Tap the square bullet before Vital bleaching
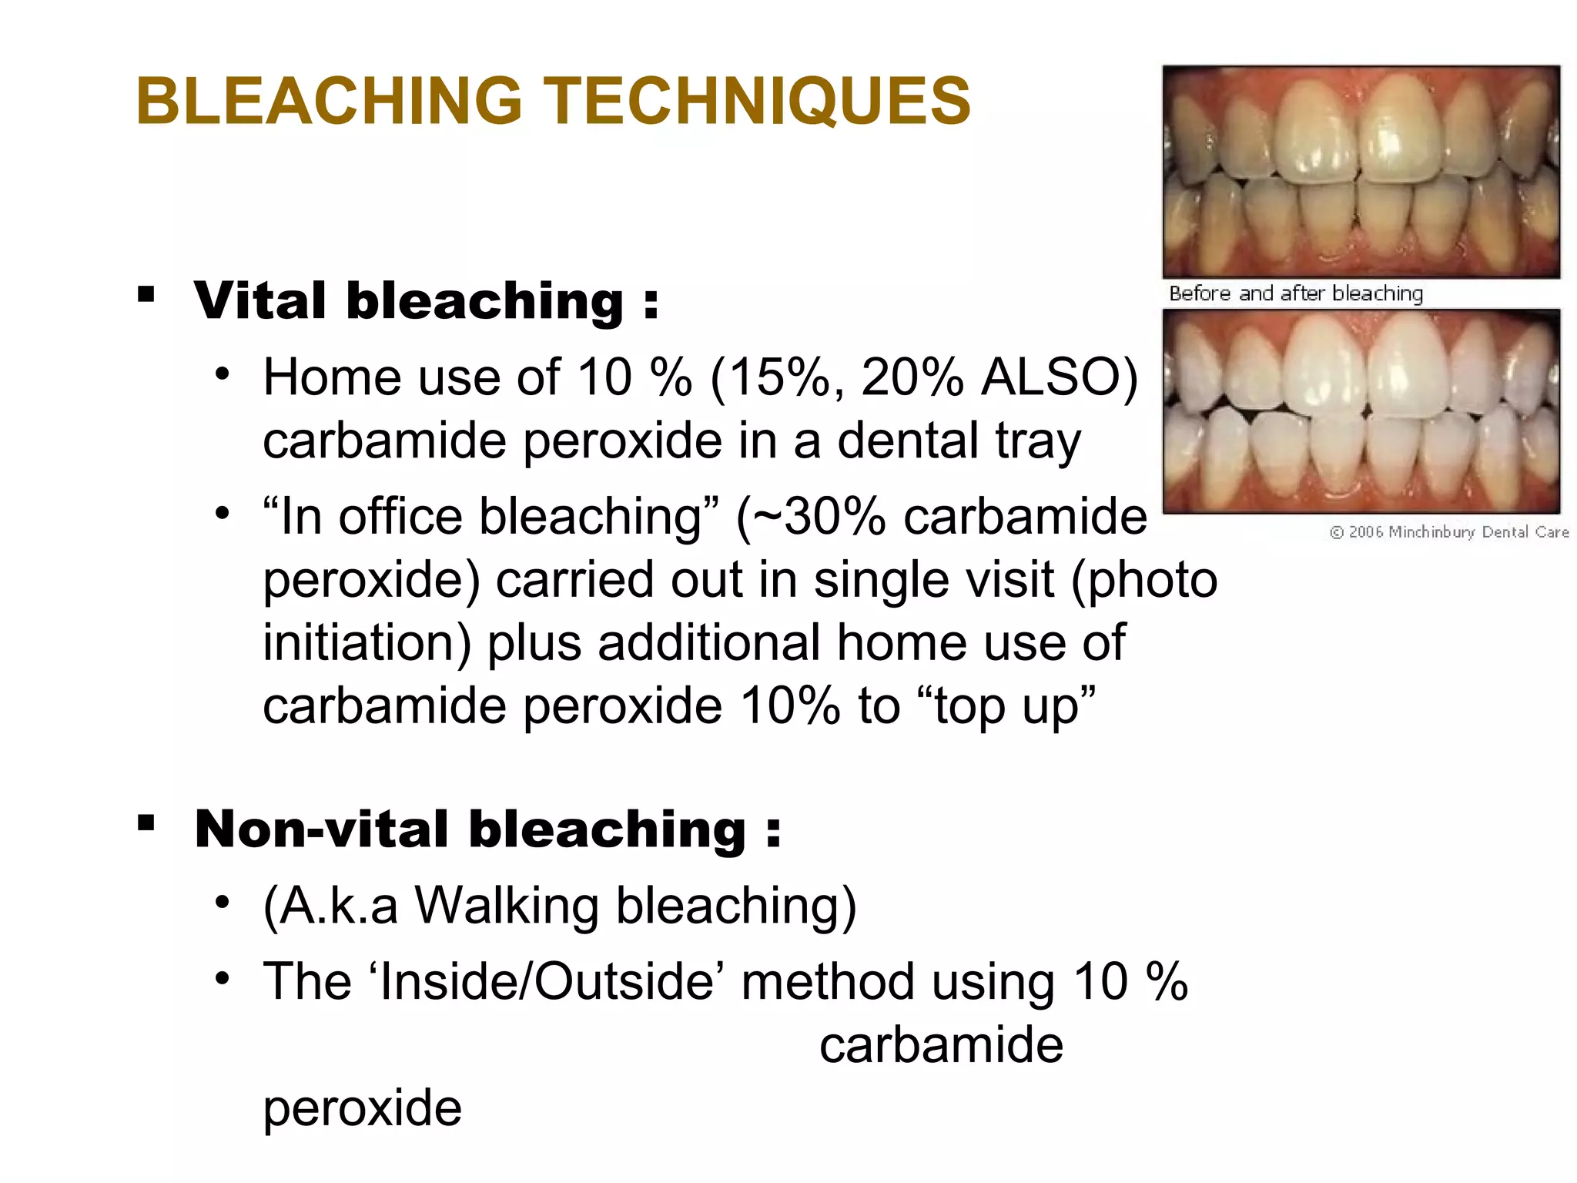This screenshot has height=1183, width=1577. click(146, 293)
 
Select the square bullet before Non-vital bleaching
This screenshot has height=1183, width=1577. click(146, 823)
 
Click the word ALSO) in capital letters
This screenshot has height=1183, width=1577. click(1059, 377)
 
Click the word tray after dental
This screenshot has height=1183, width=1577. click(1038, 441)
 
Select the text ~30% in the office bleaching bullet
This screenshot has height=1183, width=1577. click(819, 517)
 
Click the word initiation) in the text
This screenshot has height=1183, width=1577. click(367, 643)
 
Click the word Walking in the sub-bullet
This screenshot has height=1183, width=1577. click(507, 906)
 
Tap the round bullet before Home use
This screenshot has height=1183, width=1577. click(223, 374)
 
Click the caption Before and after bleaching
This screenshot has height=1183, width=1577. click(1296, 293)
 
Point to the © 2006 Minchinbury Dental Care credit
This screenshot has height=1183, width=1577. click(1448, 532)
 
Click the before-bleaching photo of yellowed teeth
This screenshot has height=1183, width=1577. click(1361, 171)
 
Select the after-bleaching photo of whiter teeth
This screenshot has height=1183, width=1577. click(1361, 411)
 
